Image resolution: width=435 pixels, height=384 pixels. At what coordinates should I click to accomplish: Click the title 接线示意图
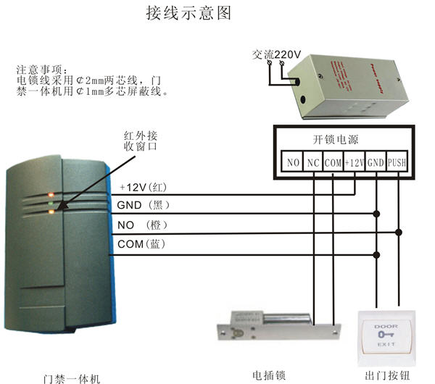pos(191,14)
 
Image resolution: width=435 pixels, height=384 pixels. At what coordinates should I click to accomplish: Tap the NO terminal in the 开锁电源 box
pos(293,162)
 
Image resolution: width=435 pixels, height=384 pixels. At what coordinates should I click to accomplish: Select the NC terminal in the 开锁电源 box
pos(313,162)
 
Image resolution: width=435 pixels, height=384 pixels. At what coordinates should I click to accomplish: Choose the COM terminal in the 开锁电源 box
pos(333,162)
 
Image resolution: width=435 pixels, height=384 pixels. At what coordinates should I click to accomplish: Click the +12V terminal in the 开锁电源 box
pos(355,162)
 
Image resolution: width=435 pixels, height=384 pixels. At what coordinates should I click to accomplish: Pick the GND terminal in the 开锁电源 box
pos(376,162)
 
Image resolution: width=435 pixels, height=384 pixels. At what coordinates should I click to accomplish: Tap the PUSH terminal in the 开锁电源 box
pos(397,162)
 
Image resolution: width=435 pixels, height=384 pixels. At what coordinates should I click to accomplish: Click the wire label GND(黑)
pos(143,206)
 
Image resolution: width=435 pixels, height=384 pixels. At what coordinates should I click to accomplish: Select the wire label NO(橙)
pos(142,225)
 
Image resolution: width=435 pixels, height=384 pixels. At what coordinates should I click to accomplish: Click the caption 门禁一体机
pos(68,377)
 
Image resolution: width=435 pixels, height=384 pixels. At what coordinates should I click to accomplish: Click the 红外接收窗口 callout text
pos(141,141)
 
